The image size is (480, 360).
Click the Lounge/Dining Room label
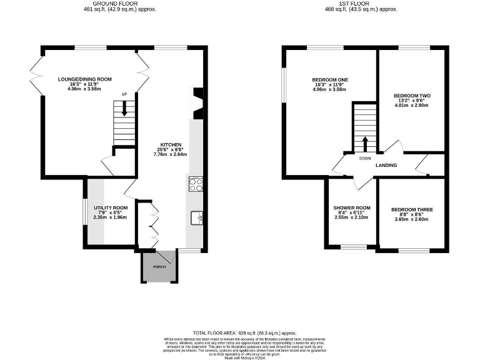click(x=84, y=79)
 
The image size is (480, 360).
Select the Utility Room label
click(x=111, y=207)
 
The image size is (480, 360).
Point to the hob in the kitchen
click(x=194, y=184)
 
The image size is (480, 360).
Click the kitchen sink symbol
click(x=196, y=217)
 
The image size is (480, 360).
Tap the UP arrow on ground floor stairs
click(x=124, y=108)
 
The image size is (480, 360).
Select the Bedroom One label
click(x=330, y=79)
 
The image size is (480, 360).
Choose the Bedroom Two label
click(x=412, y=96)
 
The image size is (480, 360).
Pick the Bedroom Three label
click(x=412, y=209)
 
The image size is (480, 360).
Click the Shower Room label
click(x=352, y=207)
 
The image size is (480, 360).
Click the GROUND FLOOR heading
click(x=120, y=4)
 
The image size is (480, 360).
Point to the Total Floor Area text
click(x=244, y=334)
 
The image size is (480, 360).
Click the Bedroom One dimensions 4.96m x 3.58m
click(x=330, y=90)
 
